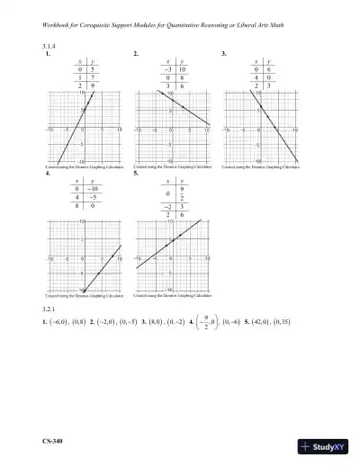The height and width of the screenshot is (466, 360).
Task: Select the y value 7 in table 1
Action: pos(94,78)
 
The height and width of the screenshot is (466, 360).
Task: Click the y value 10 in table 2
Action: pos(183,68)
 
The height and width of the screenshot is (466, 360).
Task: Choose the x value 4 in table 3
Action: pos(256,78)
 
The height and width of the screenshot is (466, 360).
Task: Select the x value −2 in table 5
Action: pos(168,206)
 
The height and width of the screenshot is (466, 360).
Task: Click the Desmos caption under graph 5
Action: pos(173,296)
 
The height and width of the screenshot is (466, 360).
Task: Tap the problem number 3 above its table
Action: pos(223,54)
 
